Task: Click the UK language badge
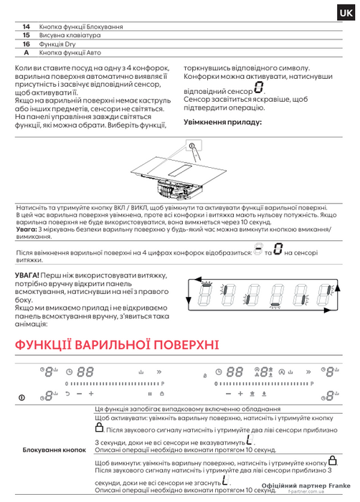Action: tap(346, 13)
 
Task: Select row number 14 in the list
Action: tap(27, 27)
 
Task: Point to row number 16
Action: tap(27, 44)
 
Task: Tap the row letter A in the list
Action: tap(27, 53)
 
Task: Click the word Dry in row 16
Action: tap(70, 44)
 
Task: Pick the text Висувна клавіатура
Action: tap(70, 36)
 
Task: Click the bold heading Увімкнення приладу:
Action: tap(222, 123)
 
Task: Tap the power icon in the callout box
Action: tap(192, 146)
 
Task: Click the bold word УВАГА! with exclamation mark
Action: tap(27, 275)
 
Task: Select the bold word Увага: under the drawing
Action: tap(27, 229)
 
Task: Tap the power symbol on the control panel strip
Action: tap(22, 397)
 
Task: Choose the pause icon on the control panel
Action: tap(150, 394)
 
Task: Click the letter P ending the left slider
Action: tap(163, 384)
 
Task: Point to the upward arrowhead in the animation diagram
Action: tap(337, 288)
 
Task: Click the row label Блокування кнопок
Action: tap(54, 450)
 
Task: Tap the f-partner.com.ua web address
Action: tap(306, 491)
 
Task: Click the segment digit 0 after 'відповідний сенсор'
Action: tap(259, 87)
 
